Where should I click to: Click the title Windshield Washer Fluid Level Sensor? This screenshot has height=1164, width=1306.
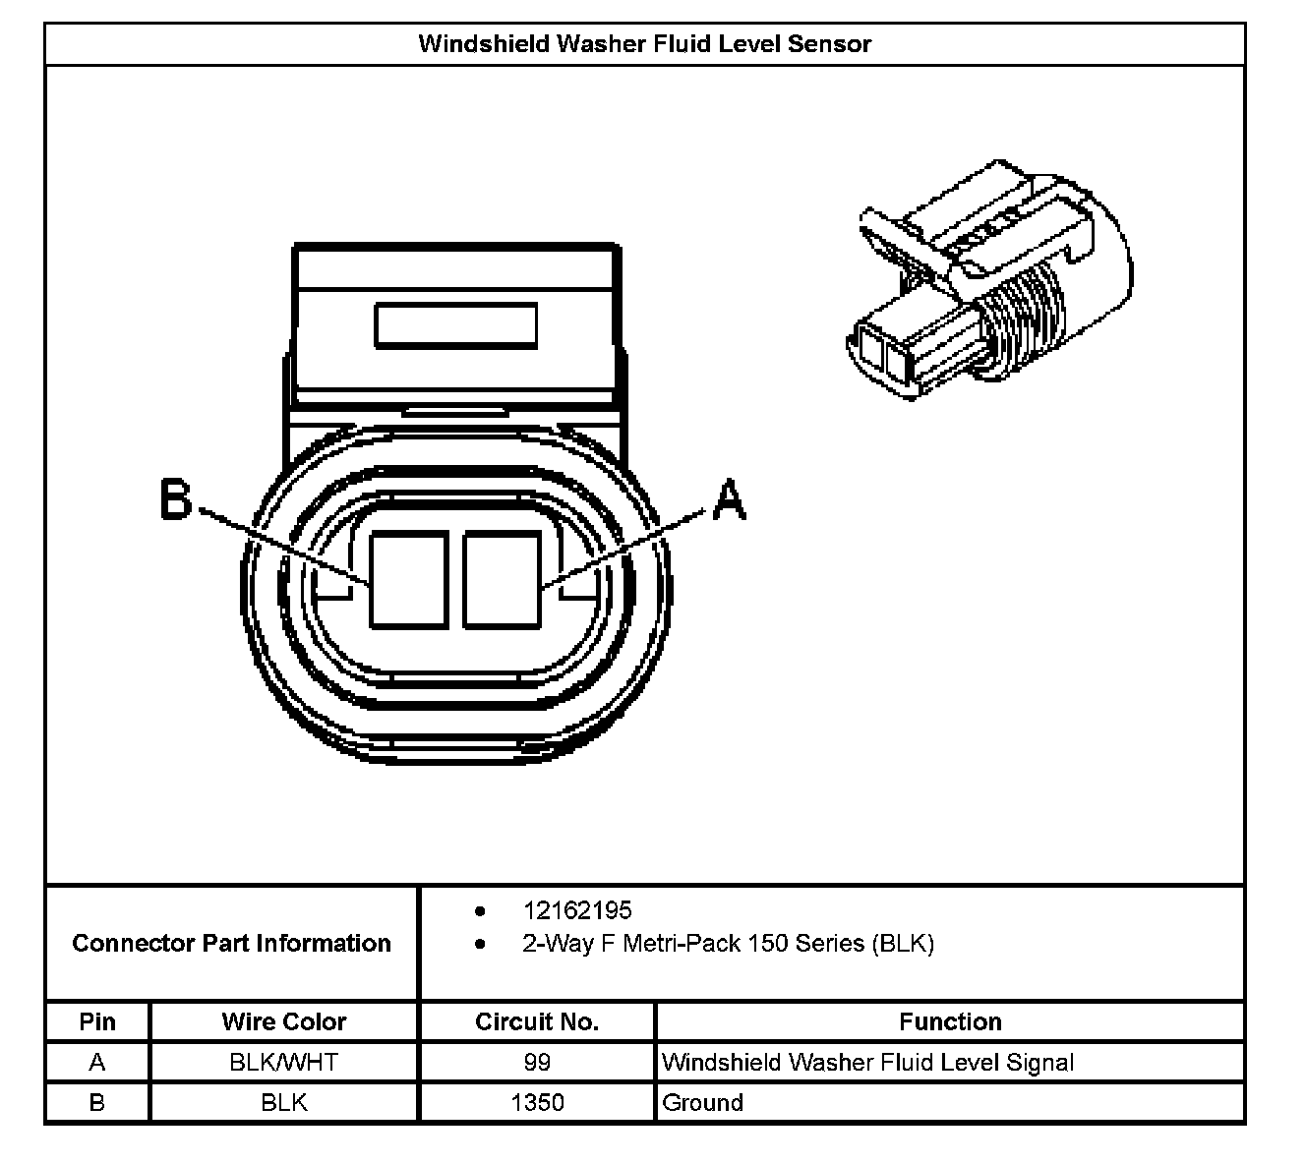[644, 44]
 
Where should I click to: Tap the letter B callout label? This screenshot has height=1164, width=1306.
[176, 499]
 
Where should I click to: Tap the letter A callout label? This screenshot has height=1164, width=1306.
[728, 499]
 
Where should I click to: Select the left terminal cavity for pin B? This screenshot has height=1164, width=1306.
[408, 579]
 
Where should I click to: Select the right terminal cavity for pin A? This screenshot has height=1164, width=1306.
[502, 579]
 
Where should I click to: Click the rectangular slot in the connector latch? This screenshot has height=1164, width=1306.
[455, 325]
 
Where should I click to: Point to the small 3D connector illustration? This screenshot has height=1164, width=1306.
[988, 280]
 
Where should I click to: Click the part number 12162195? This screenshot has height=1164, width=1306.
[577, 910]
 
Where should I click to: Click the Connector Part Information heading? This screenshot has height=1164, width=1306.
[231, 944]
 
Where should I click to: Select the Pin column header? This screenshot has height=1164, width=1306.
[97, 1022]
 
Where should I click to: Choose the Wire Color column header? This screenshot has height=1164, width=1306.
[284, 1022]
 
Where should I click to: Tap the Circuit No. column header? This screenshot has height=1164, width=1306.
[537, 1022]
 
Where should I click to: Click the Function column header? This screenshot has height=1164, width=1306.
[950, 1022]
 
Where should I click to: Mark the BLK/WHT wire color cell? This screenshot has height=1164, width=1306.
[284, 1063]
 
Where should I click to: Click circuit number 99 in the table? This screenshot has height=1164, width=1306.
[537, 1063]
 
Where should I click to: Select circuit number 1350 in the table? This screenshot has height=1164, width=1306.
[537, 1103]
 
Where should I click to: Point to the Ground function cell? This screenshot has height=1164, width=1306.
[703, 1103]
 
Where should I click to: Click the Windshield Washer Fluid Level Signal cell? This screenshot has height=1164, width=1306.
[867, 1063]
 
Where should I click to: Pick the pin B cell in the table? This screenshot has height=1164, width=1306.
[97, 1103]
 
